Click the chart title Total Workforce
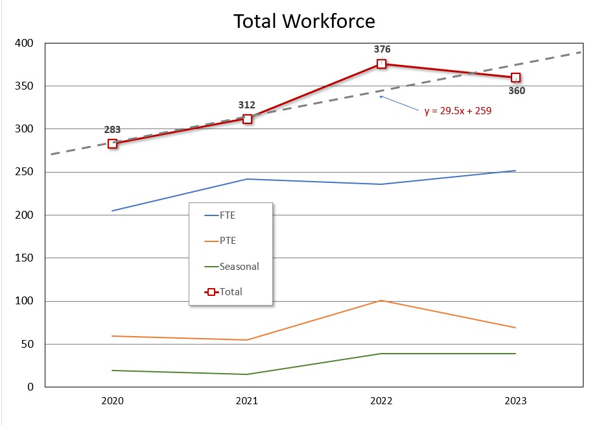304,21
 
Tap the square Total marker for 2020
113,143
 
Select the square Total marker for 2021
247,119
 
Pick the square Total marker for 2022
381,64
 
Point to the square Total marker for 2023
515,78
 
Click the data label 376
382,49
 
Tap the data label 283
113,130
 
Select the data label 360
516,91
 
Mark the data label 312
247,105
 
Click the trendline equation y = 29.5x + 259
458,111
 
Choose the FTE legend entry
228,215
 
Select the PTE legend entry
228,241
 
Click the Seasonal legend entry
239,266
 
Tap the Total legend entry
231,292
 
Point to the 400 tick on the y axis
27,43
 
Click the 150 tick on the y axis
27,258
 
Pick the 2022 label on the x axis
381,401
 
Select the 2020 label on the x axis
113,401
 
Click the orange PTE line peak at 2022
381,300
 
